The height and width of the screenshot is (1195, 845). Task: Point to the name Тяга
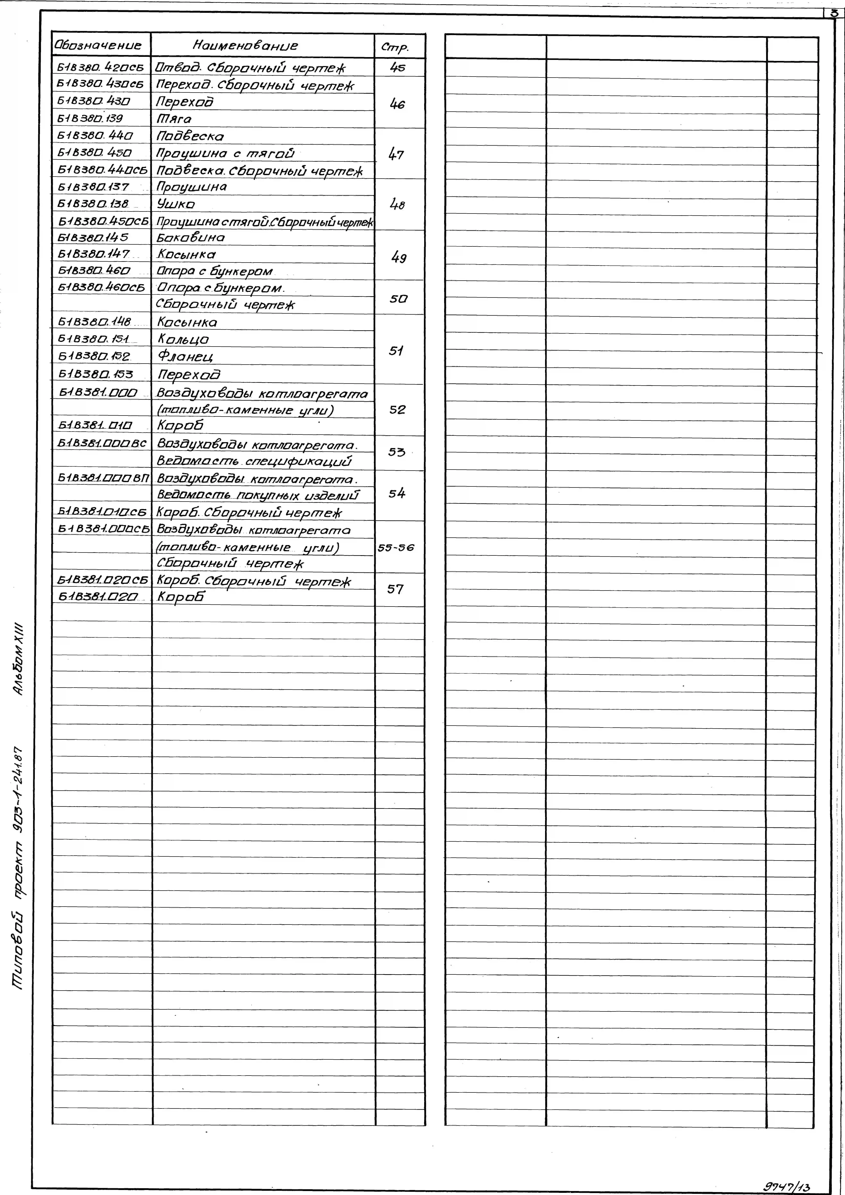[174, 119]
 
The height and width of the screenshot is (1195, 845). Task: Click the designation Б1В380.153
[95, 374]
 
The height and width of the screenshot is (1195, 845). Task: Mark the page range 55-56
[396, 548]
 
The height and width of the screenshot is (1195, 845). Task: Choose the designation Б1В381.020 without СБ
[97, 597]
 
